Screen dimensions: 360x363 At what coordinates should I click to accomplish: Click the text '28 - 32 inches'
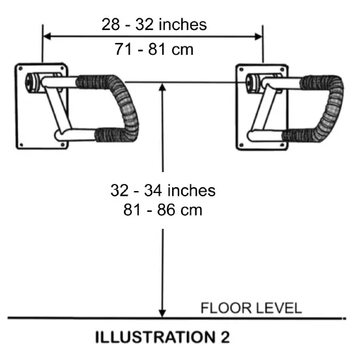pyautogui.click(x=154, y=25)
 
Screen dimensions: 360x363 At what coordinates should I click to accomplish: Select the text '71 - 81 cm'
pyautogui.click(x=154, y=49)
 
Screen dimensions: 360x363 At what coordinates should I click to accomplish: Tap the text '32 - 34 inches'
pyautogui.click(x=162, y=191)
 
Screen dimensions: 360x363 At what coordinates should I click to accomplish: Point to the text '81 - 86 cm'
pyautogui.click(x=162, y=211)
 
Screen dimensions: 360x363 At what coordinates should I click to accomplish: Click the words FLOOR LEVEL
pyautogui.click(x=251, y=308)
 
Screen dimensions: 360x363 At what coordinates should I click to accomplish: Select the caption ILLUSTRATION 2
pyautogui.click(x=162, y=338)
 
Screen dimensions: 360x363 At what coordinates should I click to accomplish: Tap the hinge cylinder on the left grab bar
pyautogui.click(x=33, y=83)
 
